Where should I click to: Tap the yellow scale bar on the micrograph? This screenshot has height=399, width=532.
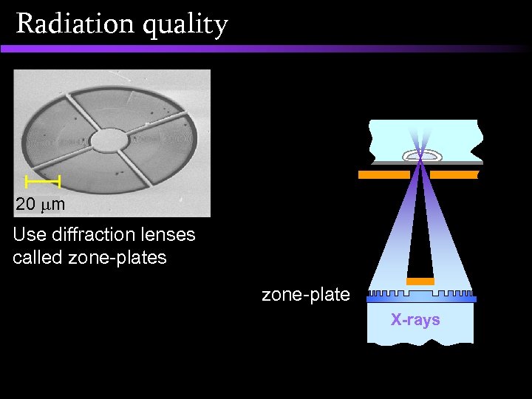(x=42, y=180)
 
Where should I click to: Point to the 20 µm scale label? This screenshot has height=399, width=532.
(x=41, y=203)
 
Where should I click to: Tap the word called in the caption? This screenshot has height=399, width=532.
(x=35, y=258)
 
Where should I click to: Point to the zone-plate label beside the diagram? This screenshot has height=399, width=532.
(x=306, y=295)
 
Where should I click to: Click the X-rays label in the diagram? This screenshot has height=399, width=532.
(x=415, y=320)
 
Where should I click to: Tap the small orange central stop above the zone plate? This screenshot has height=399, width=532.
(x=420, y=282)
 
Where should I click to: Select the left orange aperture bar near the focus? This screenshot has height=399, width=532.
(x=383, y=175)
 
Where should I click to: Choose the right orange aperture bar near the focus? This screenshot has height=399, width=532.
(x=454, y=175)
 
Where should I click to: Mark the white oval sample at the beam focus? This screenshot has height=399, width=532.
(x=421, y=155)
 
